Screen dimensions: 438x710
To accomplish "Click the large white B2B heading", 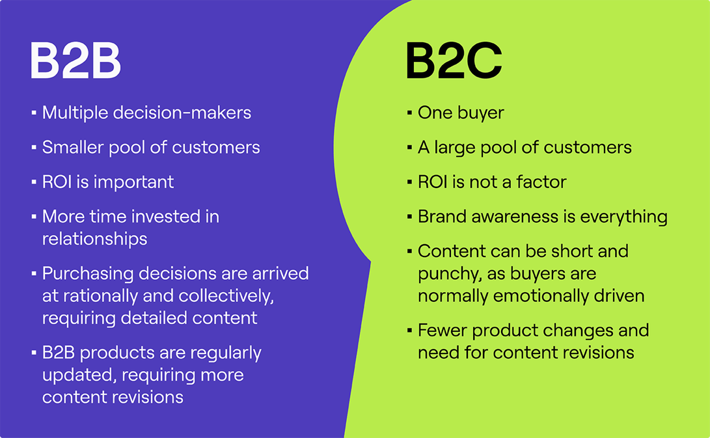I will (75, 62).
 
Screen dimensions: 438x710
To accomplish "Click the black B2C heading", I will (453, 62).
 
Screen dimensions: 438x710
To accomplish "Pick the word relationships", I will (94, 239).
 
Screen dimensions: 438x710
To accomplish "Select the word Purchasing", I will (89, 273).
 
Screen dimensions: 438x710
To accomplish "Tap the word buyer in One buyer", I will (480, 113).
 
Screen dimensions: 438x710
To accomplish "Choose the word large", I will (455, 148).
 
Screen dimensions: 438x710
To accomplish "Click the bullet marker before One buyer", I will (409, 113).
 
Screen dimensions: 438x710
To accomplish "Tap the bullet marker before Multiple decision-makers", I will (33, 113).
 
